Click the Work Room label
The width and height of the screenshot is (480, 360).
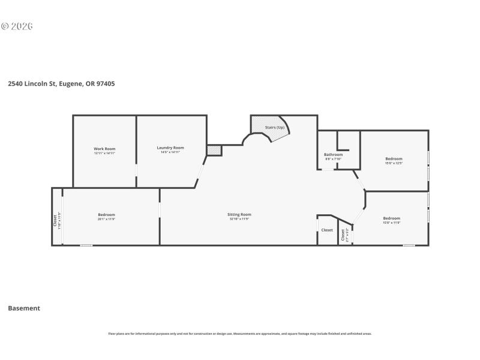tap(104, 149)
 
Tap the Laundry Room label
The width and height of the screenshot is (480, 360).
tap(170, 148)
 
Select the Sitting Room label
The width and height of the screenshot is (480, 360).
tap(239, 214)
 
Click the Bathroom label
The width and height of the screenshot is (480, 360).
tap(333, 155)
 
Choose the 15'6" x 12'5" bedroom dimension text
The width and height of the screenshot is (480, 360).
tap(394, 163)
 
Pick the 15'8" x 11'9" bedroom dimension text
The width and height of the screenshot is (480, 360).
tap(391, 223)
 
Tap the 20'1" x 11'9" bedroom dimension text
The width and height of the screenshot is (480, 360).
tap(106, 219)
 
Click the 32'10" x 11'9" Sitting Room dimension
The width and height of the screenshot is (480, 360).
tap(239, 219)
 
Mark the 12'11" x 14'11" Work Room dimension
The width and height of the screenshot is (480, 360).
tap(104, 153)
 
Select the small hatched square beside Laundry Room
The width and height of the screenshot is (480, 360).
tap(214, 150)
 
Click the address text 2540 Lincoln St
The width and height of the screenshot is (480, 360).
tap(61, 84)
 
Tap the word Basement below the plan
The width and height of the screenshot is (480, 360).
tap(24, 308)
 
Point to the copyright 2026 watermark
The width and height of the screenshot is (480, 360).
tap(17, 26)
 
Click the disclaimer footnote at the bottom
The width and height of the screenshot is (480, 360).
tap(239, 334)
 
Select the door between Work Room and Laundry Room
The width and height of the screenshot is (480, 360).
tap(136, 174)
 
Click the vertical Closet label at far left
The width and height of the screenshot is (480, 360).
tap(56, 220)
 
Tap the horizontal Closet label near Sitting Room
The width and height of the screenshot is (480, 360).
tap(327, 230)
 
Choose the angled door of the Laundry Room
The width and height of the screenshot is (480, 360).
tap(201, 174)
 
